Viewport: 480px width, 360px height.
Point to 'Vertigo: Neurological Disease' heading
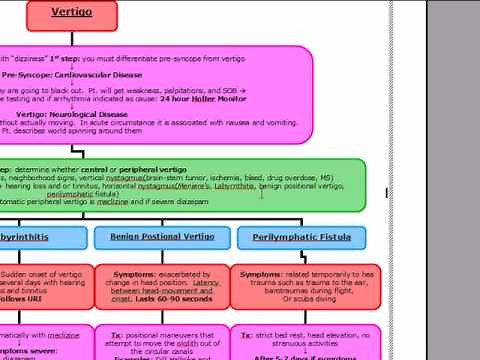point(78,114)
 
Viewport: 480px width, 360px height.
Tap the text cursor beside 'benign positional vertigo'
point(262,193)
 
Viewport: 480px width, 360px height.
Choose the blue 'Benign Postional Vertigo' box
point(161,237)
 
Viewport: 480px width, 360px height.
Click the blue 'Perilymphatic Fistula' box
point(301,237)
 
